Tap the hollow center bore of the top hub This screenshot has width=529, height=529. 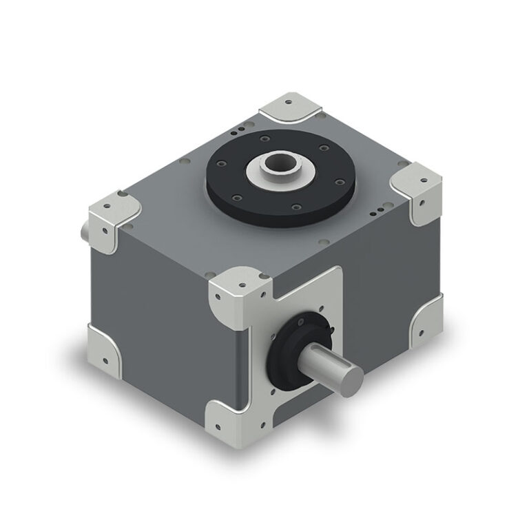pyautogui.click(x=279, y=165)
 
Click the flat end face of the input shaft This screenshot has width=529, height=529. pyautogui.click(x=352, y=375)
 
